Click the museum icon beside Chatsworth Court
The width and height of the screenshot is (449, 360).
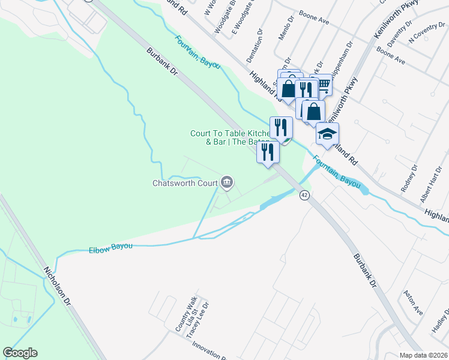227,182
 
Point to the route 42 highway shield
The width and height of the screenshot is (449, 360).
304,196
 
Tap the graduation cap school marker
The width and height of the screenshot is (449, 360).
328,134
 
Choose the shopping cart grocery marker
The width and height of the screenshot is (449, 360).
323,86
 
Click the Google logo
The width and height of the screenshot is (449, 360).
20,353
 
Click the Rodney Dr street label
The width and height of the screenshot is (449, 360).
413,176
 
